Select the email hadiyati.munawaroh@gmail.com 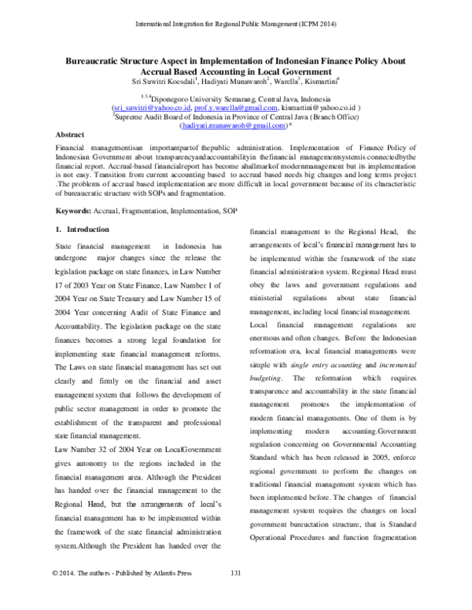[232, 124]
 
